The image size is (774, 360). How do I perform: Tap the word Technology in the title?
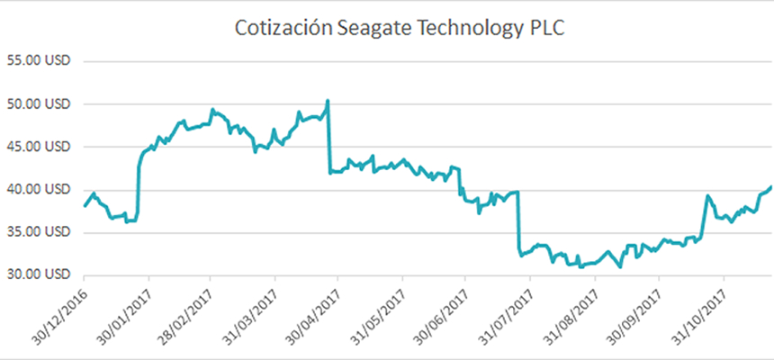point(450,29)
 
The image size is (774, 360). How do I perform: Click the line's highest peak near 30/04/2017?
point(328,100)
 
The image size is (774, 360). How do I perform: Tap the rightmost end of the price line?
point(770,186)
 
